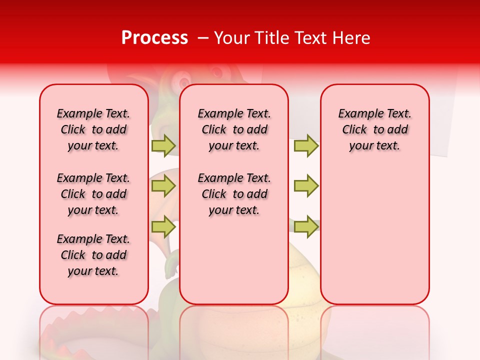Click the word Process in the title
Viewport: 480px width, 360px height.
(x=154, y=37)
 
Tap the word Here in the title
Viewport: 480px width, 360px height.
(x=351, y=38)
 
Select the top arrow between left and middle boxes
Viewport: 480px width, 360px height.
(x=163, y=146)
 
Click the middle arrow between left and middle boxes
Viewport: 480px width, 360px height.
(x=163, y=186)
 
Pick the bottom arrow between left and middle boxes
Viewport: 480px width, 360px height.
(x=163, y=226)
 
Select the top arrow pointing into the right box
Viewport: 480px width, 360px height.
(x=306, y=146)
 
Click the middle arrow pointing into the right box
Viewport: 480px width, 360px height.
(x=306, y=186)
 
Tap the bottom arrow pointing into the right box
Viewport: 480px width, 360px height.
(x=306, y=226)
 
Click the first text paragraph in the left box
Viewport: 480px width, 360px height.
(x=93, y=129)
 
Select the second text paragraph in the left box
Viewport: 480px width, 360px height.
(x=93, y=194)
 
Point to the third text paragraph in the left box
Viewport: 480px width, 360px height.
(x=93, y=255)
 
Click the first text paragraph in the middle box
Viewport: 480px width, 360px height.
(x=234, y=129)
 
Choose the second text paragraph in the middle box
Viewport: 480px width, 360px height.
(x=234, y=194)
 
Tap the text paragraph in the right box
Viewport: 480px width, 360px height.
(x=374, y=129)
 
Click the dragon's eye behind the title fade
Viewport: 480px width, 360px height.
(x=183, y=80)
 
